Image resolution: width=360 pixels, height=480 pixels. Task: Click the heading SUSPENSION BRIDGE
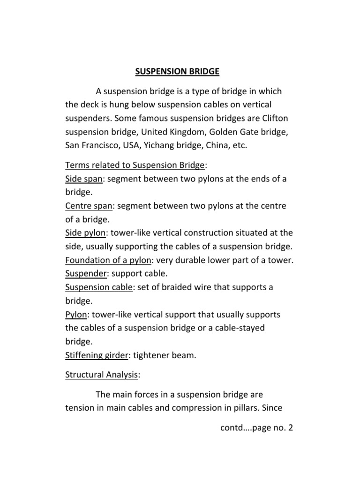tap(177, 72)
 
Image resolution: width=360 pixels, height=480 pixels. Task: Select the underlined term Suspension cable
tap(99, 287)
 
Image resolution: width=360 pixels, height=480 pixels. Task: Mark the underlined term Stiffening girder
tap(97, 356)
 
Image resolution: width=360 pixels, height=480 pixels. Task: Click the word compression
tap(202, 408)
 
